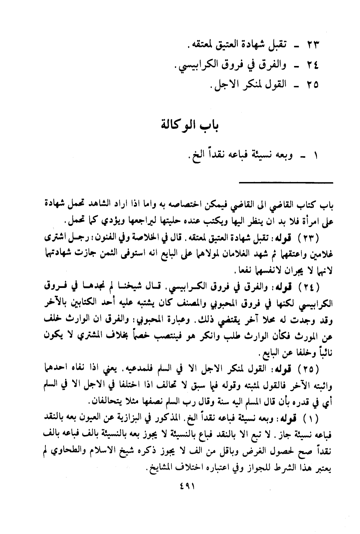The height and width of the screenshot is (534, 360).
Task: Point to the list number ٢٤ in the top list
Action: click(x=310, y=65)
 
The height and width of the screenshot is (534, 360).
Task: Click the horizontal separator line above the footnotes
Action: click(x=286, y=182)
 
